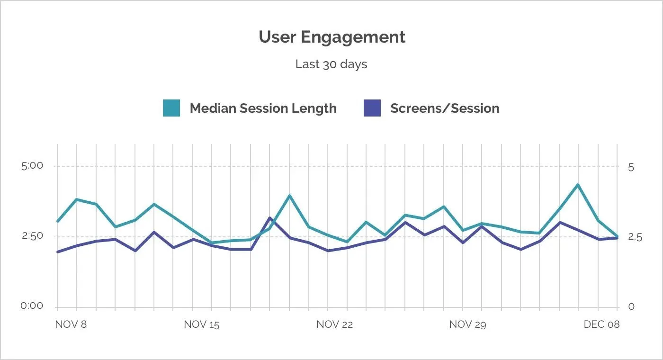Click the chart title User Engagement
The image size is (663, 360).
click(332, 37)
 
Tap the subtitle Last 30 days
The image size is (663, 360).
click(331, 64)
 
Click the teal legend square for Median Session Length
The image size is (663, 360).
click(171, 108)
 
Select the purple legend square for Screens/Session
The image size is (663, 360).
click(372, 108)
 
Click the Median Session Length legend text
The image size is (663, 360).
click(263, 108)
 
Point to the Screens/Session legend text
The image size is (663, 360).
click(445, 108)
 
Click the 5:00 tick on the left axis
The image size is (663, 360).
click(32, 166)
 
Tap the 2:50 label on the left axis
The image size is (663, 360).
click(32, 236)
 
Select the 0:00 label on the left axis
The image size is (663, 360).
click(32, 306)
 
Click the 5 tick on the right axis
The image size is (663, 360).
click(631, 168)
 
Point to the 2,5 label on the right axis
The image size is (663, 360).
click(635, 237)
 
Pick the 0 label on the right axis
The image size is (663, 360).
click(631, 307)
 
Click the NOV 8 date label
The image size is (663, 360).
click(71, 324)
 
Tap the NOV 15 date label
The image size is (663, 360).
click(202, 325)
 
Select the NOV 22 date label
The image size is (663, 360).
click(334, 325)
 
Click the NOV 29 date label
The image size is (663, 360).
click(468, 325)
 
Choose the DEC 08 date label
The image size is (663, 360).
click(601, 324)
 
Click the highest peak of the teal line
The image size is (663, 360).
click(578, 184)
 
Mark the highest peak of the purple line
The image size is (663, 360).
click(269, 218)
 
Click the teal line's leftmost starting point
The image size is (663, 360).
click(58, 221)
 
